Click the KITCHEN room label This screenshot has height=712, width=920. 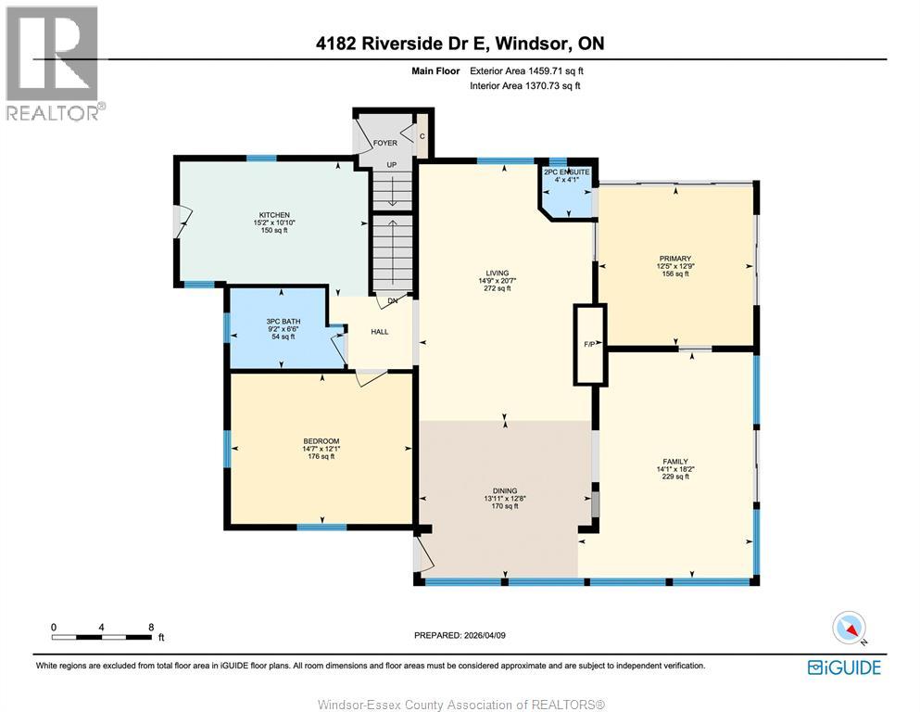coord(274,215)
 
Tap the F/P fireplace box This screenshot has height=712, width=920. coord(589,345)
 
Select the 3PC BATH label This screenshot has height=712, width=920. coord(284,321)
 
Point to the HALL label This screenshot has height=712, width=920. coord(380,332)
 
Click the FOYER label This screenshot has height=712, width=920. coord(384,143)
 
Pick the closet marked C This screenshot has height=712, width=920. coord(422,136)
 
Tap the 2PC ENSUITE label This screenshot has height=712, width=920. coord(567,172)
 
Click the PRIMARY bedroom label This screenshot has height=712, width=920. coord(675,259)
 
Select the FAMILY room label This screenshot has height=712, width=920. coord(675,462)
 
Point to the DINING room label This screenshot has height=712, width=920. coord(505,490)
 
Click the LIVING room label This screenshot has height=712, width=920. coord(498,273)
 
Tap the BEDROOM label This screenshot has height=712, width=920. coord(321,441)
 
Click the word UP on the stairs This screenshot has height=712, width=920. coord(392,165)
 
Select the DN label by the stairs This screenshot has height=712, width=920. coord(393,300)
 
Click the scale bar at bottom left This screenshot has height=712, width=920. coord(102,637)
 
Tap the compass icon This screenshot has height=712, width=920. coord(850,629)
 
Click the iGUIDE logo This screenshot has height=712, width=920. coord(844,667)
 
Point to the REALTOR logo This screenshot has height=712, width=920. coord(54,63)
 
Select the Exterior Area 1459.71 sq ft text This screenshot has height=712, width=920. coord(526,71)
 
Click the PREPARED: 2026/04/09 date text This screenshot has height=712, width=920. coord(460,635)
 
